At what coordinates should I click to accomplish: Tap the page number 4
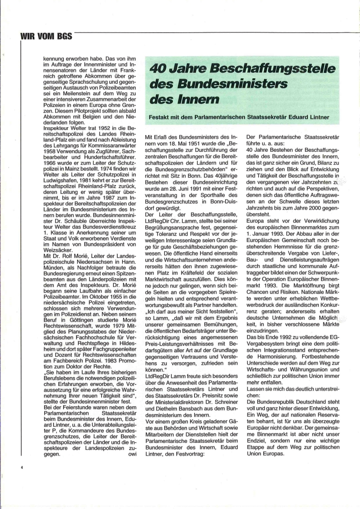click(x=22, y=468)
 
